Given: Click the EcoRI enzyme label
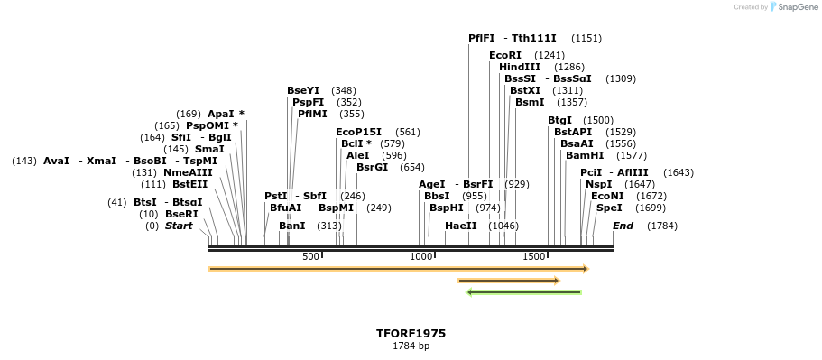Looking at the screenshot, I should pyautogui.click(x=505, y=55).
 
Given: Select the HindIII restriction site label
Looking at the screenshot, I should pyautogui.click(x=520, y=67).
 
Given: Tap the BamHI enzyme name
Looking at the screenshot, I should pyautogui.click(x=585, y=155).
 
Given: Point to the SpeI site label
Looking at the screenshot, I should pyautogui.click(x=609, y=208).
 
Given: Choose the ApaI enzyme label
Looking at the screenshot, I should pyautogui.click(x=226, y=114).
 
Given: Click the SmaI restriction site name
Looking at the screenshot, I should pyautogui.click(x=209, y=149).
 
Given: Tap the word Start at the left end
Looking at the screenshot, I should pyautogui.click(x=179, y=226).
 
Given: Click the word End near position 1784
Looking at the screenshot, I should pyautogui.click(x=623, y=226).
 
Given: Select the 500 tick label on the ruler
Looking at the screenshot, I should pyautogui.click(x=311, y=257).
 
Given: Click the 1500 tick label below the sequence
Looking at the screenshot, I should pyautogui.click(x=534, y=257).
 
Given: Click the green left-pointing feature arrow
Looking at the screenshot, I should pyautogui.click(x=523, y=292).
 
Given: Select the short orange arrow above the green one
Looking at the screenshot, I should pyautogui.click(x=509, y=281).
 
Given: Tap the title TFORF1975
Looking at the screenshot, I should pyautogui.click(x=411, y=333).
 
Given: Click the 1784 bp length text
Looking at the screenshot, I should pyautogui.click(x=411, y=346).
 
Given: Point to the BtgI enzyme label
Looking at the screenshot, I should pyautogui.click(x=559, y=120).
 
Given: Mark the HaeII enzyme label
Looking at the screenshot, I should pyautogui.click(x=461, y=226).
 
